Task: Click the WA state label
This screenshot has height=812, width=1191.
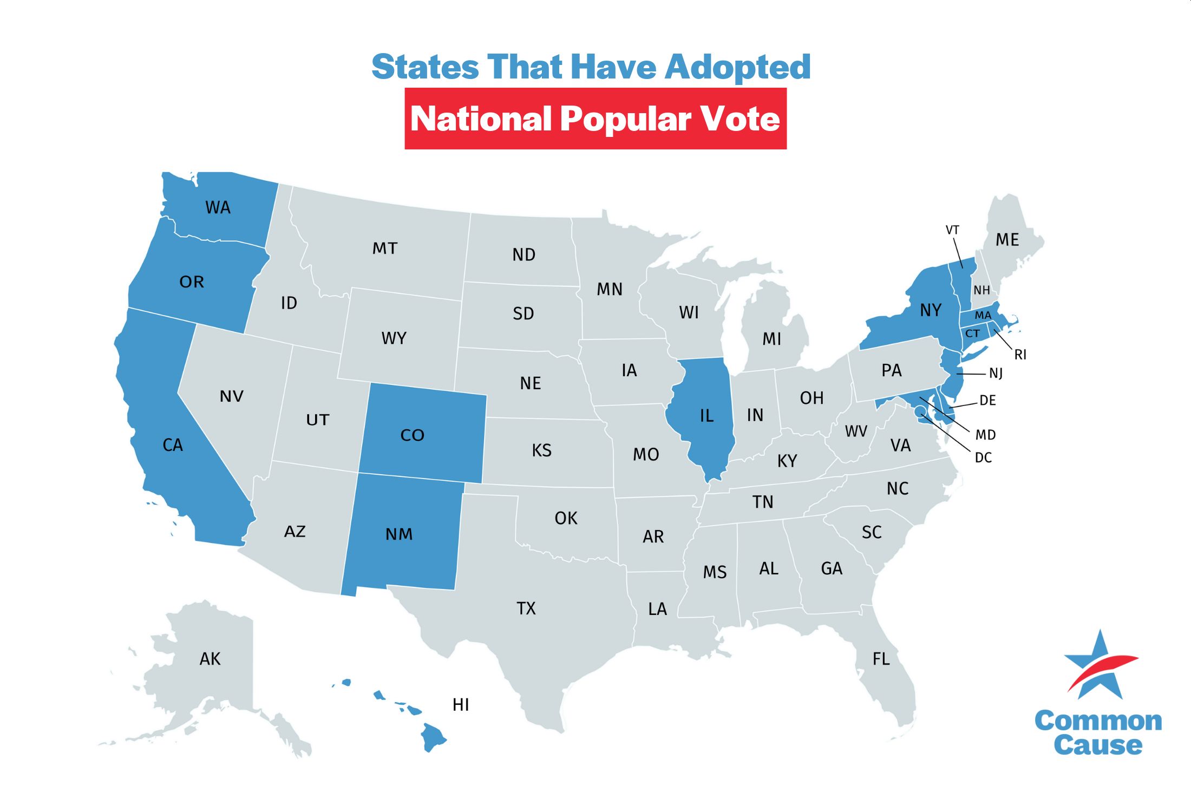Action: click(x=218, y=207)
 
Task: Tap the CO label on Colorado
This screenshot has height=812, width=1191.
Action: click(x=412, y=435)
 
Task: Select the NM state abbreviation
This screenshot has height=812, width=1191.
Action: click(x=399, y=534)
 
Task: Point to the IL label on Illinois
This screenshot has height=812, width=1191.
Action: click(x=706, y=416)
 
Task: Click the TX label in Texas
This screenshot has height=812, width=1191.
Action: click(x=526, y=608)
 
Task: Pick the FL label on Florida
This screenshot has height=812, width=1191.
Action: click(x=881, y=659)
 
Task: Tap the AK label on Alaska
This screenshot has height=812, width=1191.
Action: click(x=210, y=659)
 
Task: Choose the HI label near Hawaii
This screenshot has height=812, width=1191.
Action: click(x=461, y=705)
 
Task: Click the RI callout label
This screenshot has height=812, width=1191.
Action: click(x=1020, y=355)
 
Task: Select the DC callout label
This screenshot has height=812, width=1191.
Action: click(x=983, y=458)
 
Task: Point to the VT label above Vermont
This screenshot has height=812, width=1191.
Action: click(x=952, y=230)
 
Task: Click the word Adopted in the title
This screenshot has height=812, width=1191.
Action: click(x=737, y=67)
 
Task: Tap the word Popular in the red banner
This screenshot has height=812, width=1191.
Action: click(x=626, y=119)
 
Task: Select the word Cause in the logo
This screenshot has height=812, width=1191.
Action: click(x=1098, y=745)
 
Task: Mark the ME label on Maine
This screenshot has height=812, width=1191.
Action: click(x=1007, y=240)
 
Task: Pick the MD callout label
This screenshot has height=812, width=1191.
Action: click(x=985, y=435)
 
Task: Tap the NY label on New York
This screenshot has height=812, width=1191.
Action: click(x=931, y=310)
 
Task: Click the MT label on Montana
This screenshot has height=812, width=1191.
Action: click(x=385, y=248)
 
